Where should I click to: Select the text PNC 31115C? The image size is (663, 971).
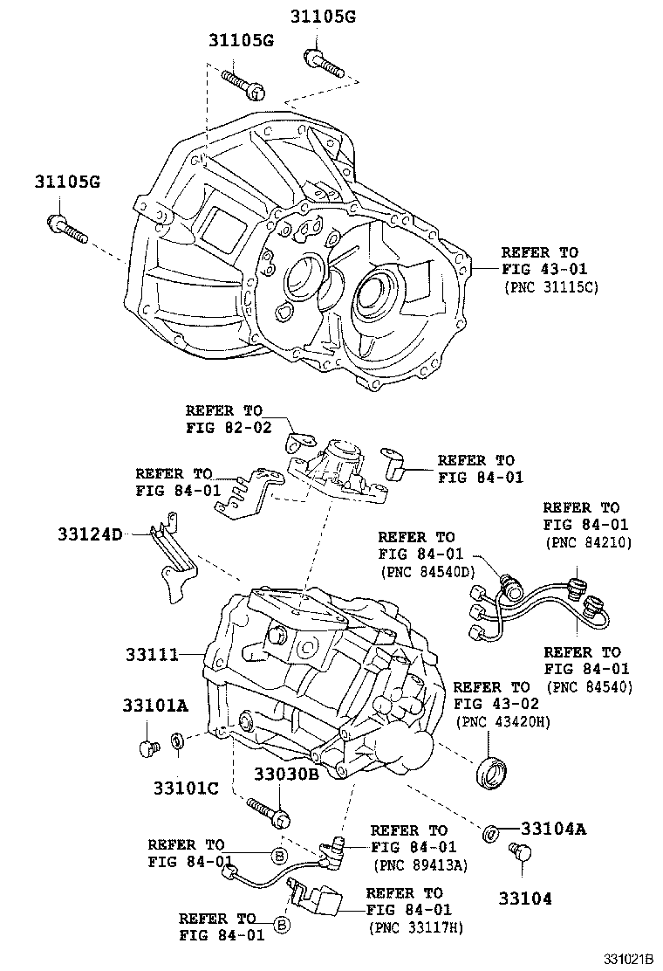550,286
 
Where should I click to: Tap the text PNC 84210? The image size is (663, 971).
588,542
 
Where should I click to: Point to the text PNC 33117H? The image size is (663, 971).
416,928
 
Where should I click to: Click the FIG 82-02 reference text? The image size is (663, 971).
229,428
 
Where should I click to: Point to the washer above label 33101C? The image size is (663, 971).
177,741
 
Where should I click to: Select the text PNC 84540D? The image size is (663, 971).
426,572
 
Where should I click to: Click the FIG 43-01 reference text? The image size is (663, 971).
539,269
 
